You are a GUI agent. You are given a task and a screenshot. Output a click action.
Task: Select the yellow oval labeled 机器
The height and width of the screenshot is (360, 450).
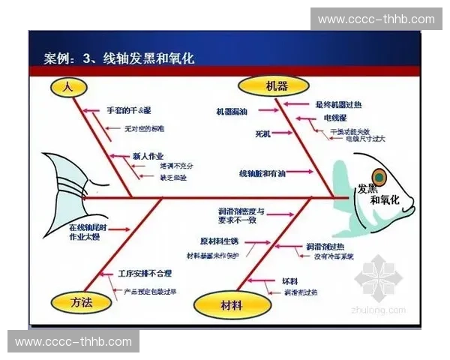(262, 86)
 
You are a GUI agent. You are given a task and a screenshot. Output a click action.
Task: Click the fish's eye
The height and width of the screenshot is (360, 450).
(379, 178)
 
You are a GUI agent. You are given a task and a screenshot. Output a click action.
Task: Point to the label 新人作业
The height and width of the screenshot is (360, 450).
(148, 155)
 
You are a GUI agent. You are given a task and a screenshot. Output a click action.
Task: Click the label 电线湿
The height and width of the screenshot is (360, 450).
(334, 118)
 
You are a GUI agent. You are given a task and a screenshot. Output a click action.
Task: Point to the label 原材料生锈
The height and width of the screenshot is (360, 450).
(219, 241)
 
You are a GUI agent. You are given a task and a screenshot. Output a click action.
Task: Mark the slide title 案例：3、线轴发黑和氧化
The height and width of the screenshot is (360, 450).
(119, 58)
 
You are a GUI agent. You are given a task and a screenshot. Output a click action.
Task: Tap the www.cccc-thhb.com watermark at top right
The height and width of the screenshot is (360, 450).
(376, 19)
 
